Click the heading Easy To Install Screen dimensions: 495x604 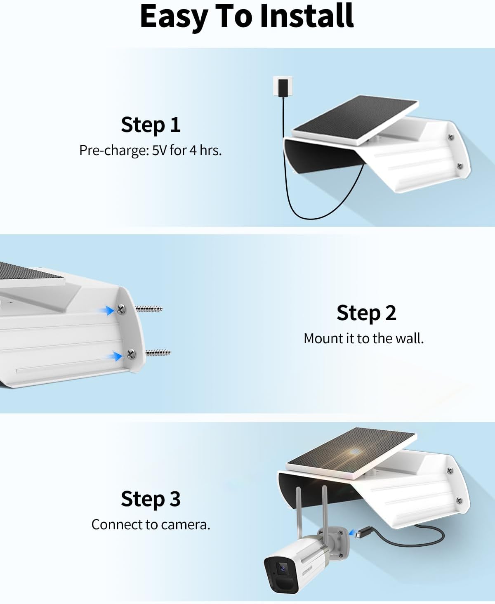[247, 17]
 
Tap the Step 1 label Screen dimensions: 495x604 [151, 125]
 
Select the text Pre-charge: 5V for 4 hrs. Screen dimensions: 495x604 [151, 150]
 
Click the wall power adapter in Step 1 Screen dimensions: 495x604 [283, 86]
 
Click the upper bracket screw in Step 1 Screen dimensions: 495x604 [451, 137]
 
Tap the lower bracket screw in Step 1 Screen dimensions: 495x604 [460, 165]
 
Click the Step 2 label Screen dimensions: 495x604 [366, 313]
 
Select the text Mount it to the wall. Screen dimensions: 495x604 [363, 339]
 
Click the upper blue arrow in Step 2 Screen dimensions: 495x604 [107, 310]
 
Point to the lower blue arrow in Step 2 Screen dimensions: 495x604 [115, 356]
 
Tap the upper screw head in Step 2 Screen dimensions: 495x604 [120, 309]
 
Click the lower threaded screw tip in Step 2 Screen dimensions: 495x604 [158, 353]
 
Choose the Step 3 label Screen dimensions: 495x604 [151, 499]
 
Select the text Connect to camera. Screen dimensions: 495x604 [151, 525]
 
